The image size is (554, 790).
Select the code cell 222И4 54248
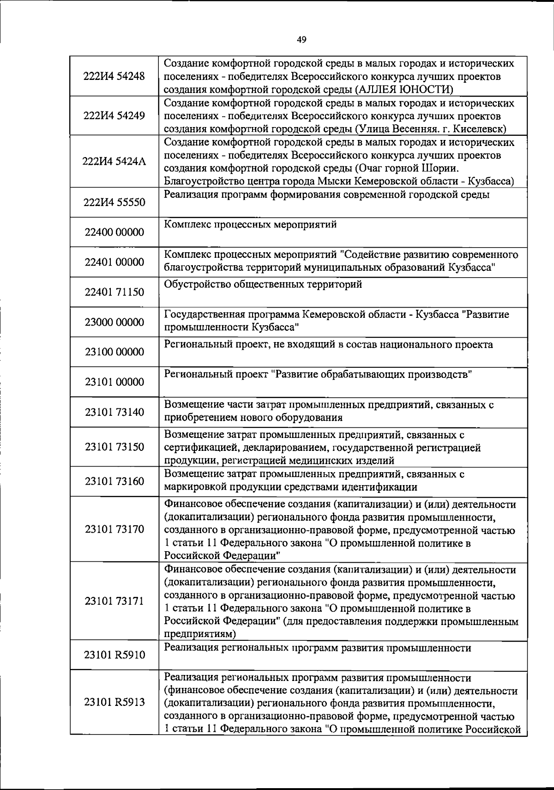[x=114, y=76]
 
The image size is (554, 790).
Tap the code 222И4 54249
[x=114, y=115]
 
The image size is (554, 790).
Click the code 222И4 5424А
[x=114, y=161]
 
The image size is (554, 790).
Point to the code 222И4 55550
[x=114, y=202]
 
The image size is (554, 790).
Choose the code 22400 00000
[x=114, y=232]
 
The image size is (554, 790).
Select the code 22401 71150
[x=114, y=292]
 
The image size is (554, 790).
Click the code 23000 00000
[x=114, y=322]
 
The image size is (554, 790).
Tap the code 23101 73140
[x=114, y=412]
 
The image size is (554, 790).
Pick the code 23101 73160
[x=114, y=481]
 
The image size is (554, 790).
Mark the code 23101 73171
[x=114, y=601]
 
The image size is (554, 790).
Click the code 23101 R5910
[x=114, y=655]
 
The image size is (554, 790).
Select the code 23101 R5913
[x=114, y=702]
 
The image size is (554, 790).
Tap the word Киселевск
[x=480, y=128]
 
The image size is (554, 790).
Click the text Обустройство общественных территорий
[x=263, y=285]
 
